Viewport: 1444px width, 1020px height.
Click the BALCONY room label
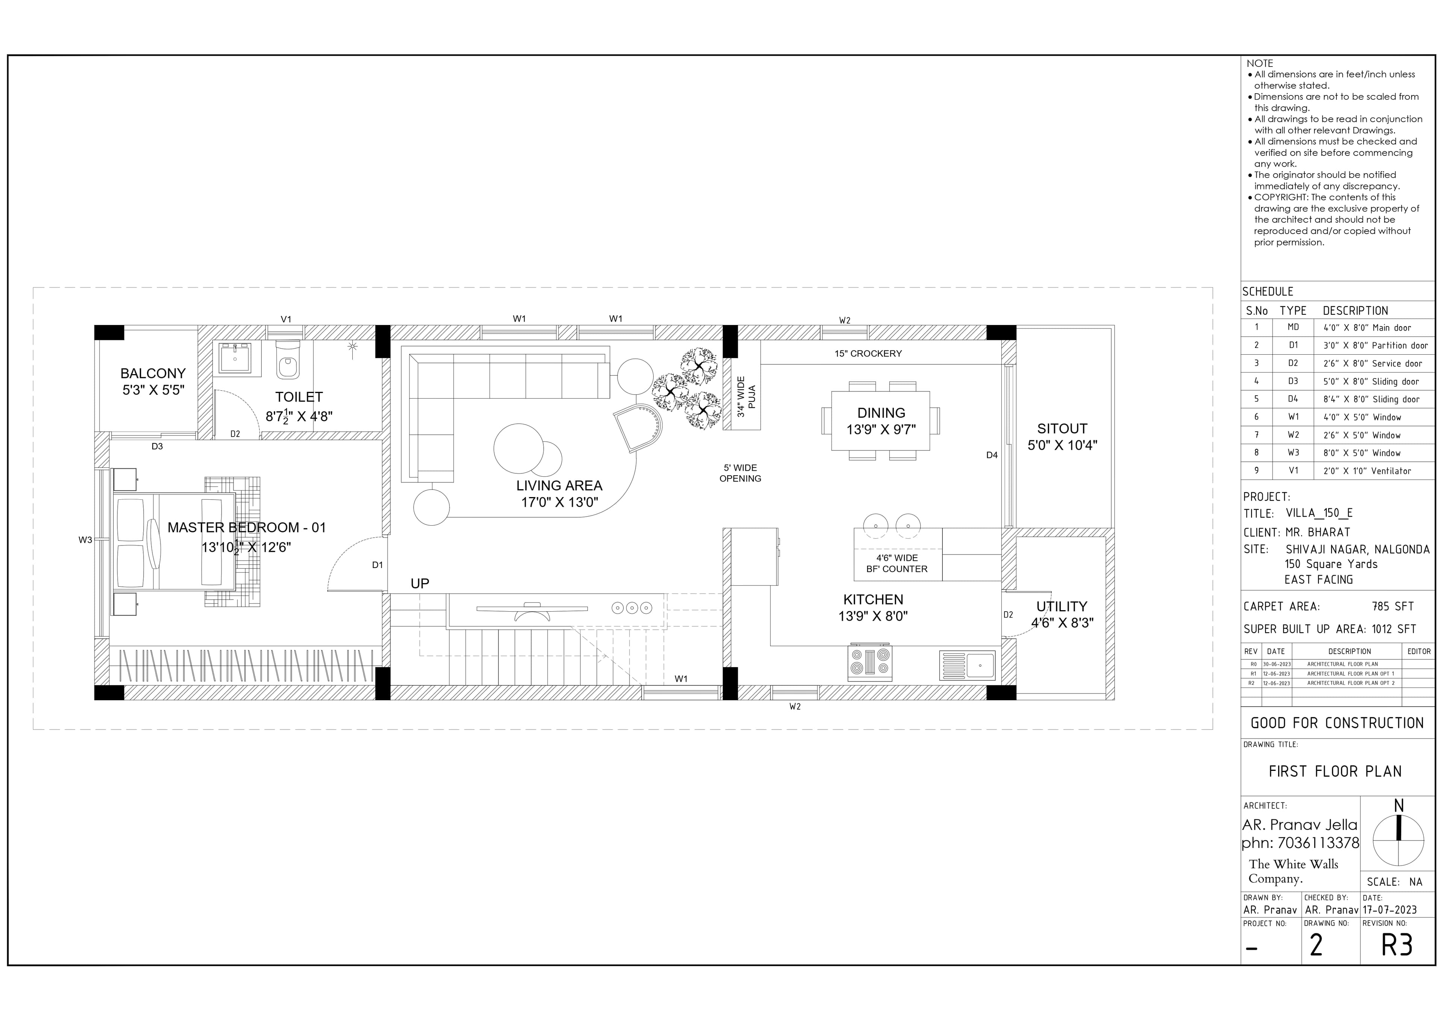[152, 373]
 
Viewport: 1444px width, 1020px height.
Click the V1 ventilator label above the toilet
[286, 319]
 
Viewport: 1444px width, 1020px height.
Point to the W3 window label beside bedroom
[85, 540]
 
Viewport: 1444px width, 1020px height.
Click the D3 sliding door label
[157, 447]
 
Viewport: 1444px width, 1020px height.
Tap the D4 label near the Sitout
[992, 455]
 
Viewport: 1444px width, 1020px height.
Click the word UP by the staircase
[420, 584]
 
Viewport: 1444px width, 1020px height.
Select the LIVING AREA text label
[559, 486]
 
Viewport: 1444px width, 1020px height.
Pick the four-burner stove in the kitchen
[871, 662]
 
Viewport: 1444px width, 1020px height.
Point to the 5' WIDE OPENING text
[740, 473]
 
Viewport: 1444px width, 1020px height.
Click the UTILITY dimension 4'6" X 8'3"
[1062, 623]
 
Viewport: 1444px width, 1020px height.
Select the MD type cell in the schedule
[1293, 328]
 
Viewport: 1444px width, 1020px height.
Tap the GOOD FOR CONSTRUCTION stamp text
[1337, 723]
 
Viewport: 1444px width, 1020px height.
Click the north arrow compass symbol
[1398, 841]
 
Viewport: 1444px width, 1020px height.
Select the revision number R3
[1397, 945]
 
